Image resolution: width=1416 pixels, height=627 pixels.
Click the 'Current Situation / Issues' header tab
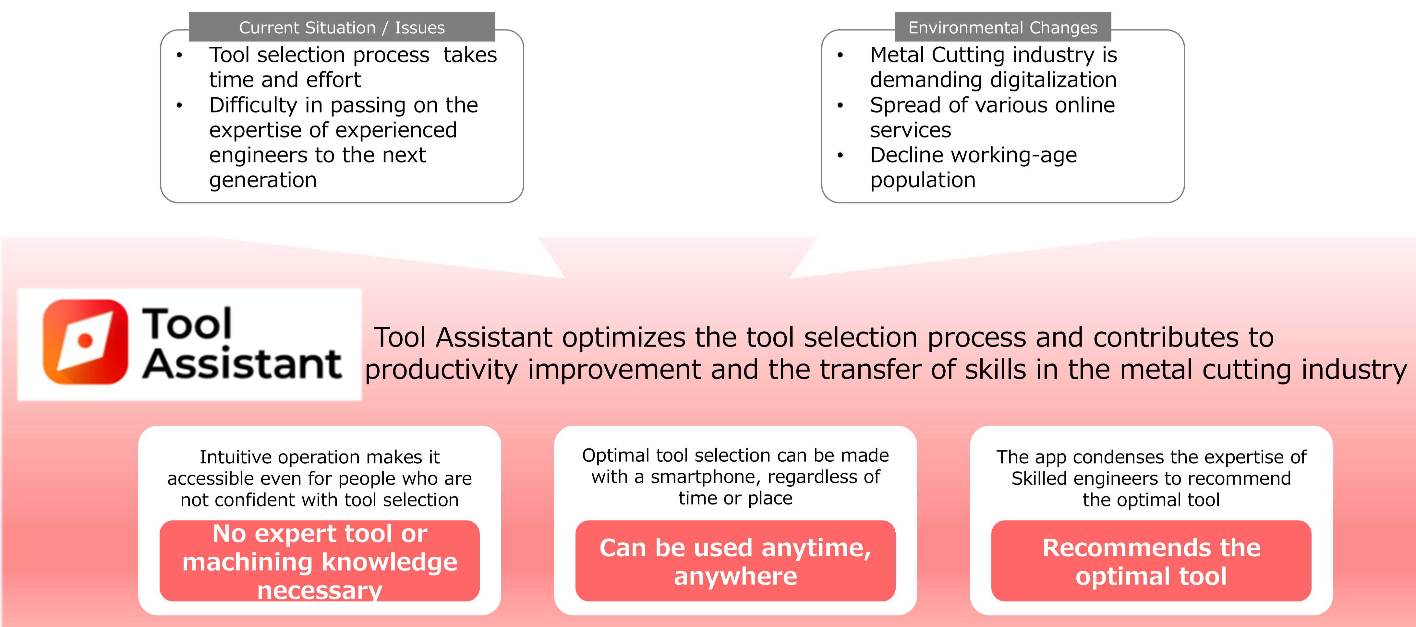tap(342, 27)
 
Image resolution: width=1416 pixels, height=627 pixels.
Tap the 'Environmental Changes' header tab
tap(1003, 27)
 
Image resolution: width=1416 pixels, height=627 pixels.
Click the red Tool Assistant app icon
tap(85, 341)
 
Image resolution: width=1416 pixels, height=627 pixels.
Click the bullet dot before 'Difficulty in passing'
tap(179, 105)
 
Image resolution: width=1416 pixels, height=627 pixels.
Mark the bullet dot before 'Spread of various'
tap(840, 105)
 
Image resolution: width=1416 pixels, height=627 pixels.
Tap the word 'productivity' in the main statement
tap(442, 370)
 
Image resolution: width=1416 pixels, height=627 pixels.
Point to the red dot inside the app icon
tap(85, 341)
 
